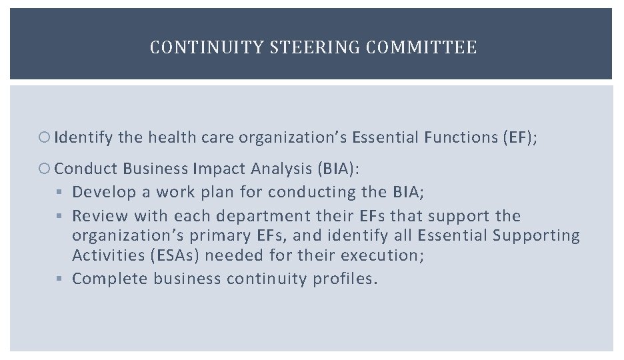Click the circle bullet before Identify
[46, 138]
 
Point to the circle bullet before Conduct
[46, 169]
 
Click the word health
[167, 138]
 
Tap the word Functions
[459, 138]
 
